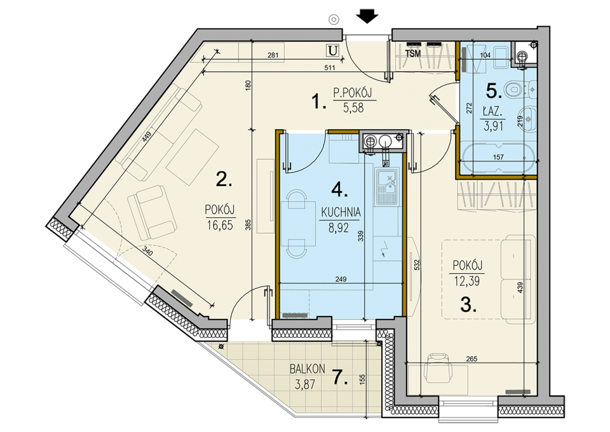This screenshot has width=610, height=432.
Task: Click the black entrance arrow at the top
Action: click(x=367, y=17)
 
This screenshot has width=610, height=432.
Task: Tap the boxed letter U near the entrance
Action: click(x=332, y=50)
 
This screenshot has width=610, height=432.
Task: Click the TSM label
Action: click(x=413, y=53)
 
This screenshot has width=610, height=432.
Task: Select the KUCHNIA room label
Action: click(x=341, y=212)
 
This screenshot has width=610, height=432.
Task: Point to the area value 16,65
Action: click(x=220, y=225)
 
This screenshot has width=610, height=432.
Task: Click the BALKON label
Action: click(x=308, y=368)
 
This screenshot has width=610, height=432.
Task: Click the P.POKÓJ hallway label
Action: click(x=353, y=93)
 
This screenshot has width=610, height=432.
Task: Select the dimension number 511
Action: click(x=330, y=67)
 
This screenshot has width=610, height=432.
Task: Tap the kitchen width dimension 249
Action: click(x=341, y=279)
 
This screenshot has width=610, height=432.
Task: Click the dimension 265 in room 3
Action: click(x=471, y=359)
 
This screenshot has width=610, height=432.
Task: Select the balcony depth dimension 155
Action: click(x=362, y=379)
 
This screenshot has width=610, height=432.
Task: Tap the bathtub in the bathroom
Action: click(x=498, y=158)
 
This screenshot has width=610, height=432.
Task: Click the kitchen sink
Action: click(x=387, y=186)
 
